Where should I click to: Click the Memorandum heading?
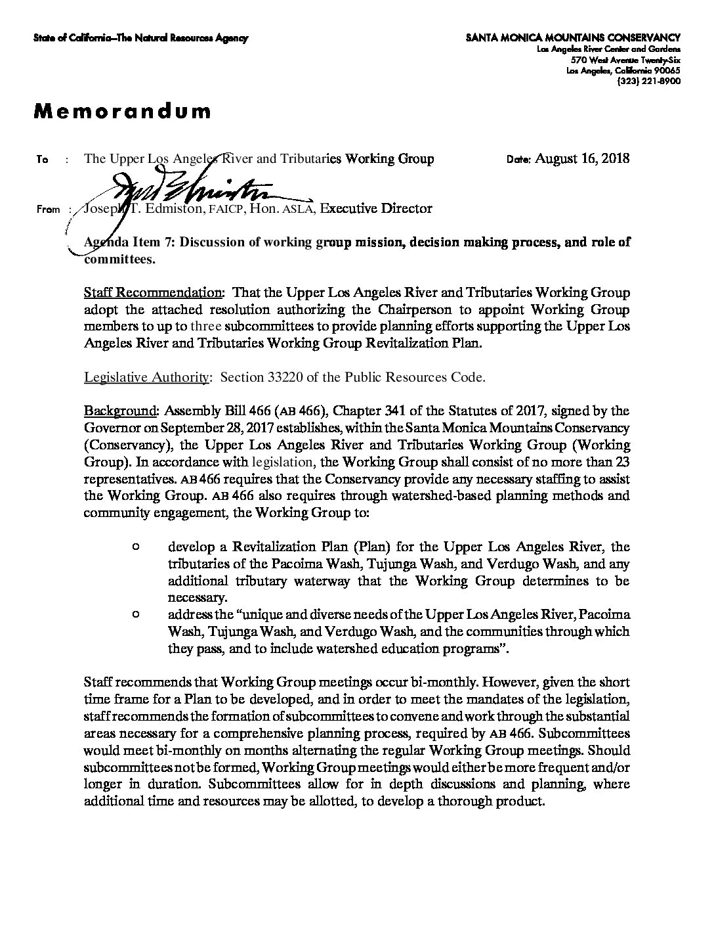pos(122,111)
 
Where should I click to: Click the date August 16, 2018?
pos(582,158)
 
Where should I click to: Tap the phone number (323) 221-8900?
pos(648,81)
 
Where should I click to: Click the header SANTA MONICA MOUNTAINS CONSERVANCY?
pos(573,38)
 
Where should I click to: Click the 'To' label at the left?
pos(43,160)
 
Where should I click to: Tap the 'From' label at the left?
pos(49,210)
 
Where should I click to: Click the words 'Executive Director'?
pos(375,209)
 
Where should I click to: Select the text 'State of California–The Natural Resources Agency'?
pos(140,39)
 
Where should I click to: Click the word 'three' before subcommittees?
pos(206,327)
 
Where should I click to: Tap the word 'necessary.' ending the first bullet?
pos(198,598)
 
